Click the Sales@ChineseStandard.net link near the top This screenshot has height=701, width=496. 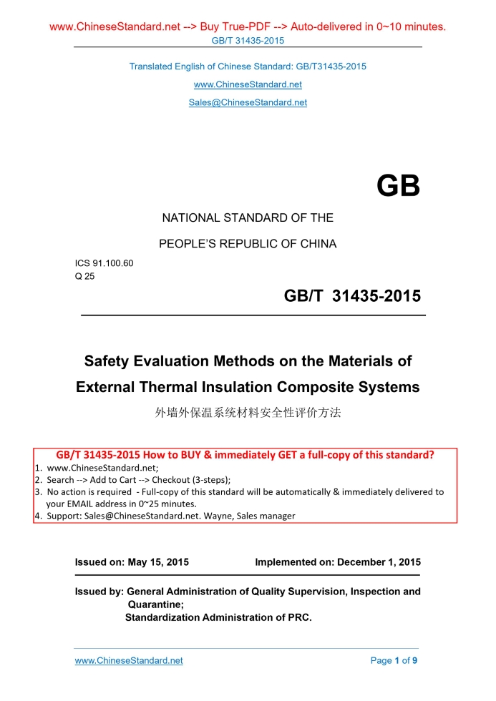click(x=248, y=102)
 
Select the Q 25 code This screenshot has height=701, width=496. click(x=85, y=275)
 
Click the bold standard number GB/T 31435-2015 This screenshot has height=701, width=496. click(x=352, y=296)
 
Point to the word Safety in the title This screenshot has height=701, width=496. click(x=108, y=361)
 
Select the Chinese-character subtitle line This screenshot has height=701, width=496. click(x=248, y=413)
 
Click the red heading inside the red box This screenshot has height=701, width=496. click(x=245, y=455)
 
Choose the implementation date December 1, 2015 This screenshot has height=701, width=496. click(x=379, y=562)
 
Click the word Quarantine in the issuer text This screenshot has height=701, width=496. click(x=155, y=604)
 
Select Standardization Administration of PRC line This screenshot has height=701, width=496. click(x=218, y=617)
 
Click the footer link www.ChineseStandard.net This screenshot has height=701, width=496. click(x=129, y=661)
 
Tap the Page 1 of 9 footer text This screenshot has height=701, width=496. click(x=394, y=661)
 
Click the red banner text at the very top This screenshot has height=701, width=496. click(x=248, y=27)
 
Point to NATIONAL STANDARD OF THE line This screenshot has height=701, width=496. click(x=248, y=217)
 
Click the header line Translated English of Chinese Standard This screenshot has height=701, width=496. click(x=248, y=67)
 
